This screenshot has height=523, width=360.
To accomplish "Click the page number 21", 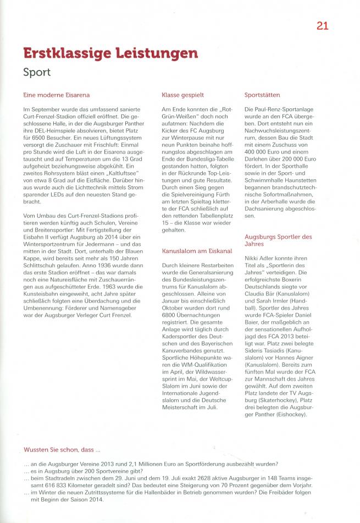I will point(322,25).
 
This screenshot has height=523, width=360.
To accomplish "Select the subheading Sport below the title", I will point(37,72).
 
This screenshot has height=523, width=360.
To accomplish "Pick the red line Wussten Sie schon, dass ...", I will point(62,450).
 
